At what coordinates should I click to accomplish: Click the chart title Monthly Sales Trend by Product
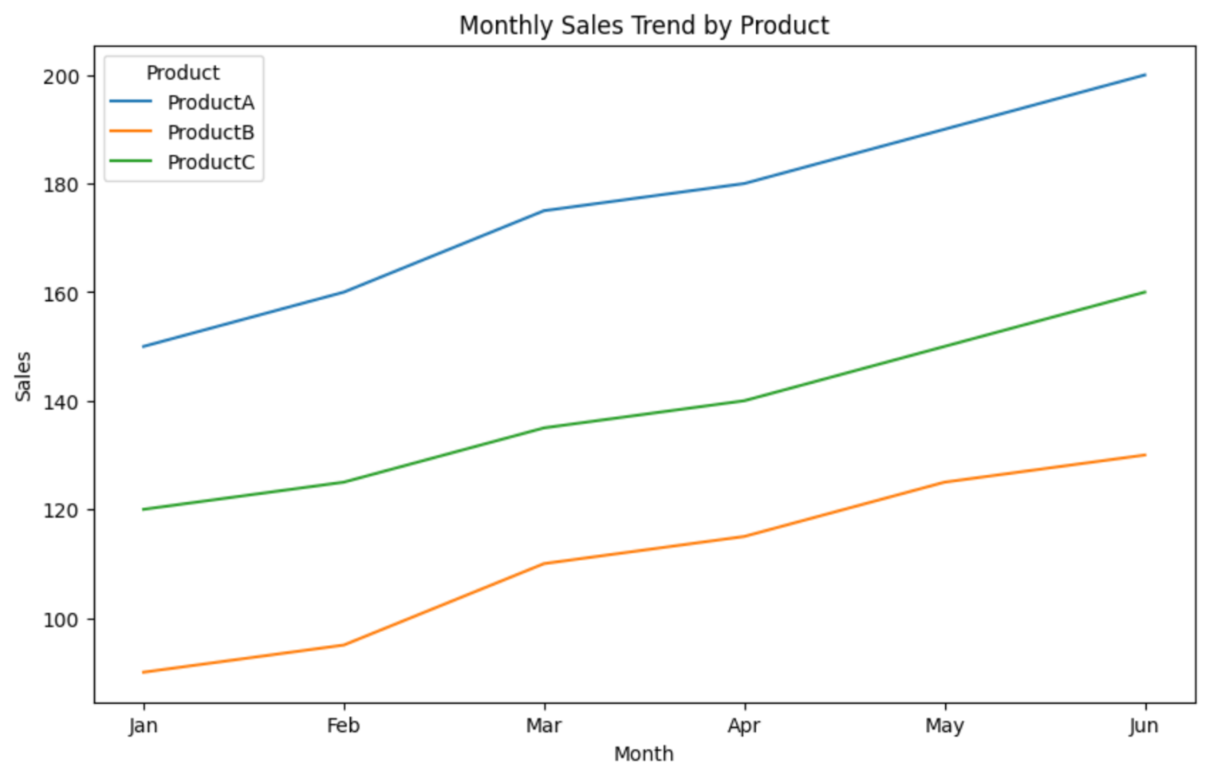pyautogui.click(x=644, y=26)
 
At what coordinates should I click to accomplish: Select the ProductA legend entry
pyautogui.click(x=211, y=102)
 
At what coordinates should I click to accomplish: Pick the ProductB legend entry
pyautogui.click(x=211, y=132)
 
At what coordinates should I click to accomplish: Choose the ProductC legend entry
pyautogui.click(x=211, y=162)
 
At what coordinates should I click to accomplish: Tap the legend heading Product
pyautogui.click(x=183, y=73)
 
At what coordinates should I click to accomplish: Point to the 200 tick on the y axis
pyautogui.click(x=61, y=77)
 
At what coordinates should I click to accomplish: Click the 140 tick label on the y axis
pyautogui.click(x=61, y=402)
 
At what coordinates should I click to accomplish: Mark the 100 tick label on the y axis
pyautogui.click(x=61, y=619)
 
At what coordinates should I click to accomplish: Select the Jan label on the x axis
pyautogui.click(x=144, y=726)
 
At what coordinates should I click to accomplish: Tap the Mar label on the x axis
pyautogui.click(x=544, y=726)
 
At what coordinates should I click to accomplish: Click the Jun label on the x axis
pyautogui.click(x=1144, y=726)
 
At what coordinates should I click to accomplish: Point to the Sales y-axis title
pyautogui.click(x=23, y=376)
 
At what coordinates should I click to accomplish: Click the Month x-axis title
pyautogui.click(x=644, y=754)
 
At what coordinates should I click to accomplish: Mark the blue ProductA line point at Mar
pyautogui.click(x=544, y=211)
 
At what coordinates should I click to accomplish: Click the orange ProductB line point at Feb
pyautogui.click(x=344, y=645)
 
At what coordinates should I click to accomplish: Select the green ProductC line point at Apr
pyautogui.click(x=744, y=401)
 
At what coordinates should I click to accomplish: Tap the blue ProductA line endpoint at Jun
pyautogui.click(x=1145, y=75)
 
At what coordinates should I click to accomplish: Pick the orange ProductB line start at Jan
pyautogui.click(x=144, y=672)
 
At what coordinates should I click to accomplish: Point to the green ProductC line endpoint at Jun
pyautogui.click(x=1145, y=292)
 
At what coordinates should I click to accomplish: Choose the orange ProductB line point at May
pyautogui.click(x=945, y=482)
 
